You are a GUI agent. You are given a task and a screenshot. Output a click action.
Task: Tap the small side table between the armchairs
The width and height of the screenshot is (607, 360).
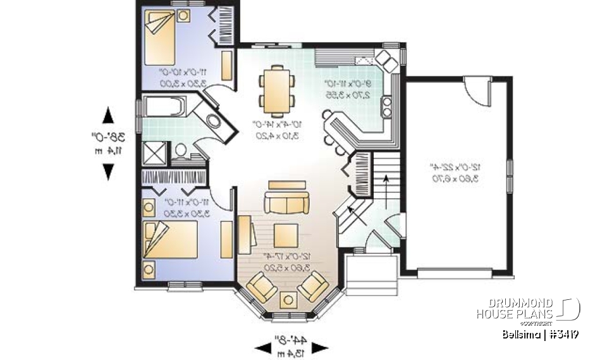coord(289,300)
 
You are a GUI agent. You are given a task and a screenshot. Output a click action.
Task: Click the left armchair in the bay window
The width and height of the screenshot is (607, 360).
coord(261,288)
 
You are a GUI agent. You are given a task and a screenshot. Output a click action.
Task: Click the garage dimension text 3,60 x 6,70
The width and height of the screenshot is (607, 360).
coord(453,178)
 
